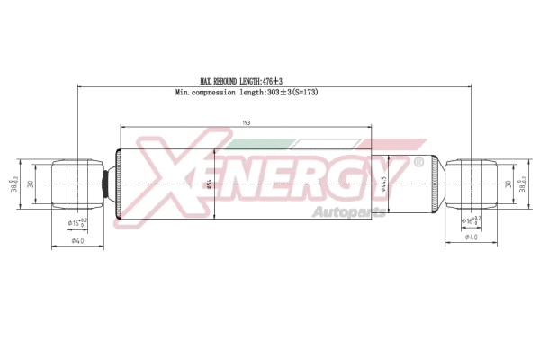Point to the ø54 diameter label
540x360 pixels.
(209, 184)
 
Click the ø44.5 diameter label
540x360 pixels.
(384, 184)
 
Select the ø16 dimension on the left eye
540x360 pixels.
(77, 221)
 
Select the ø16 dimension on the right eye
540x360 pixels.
(471, 220)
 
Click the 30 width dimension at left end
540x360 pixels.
(30, 184)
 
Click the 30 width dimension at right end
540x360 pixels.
(508, 184)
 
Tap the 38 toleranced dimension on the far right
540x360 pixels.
(524, 184)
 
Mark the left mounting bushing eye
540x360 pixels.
(76, 184)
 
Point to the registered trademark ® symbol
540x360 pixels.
(418, 162)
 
